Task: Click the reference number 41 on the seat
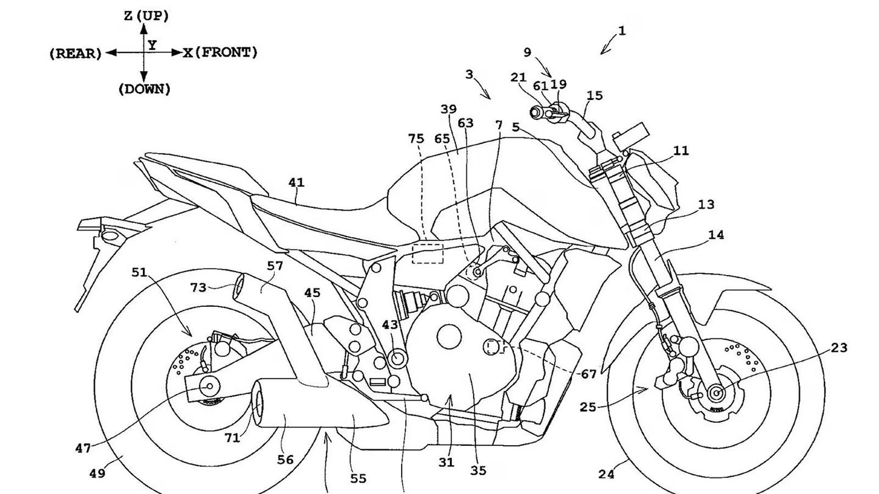click(x=296, y=182)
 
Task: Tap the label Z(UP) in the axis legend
click(x=146, y=16)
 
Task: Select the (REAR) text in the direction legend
click(x=75, y=54)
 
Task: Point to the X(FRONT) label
click(x=220, y=53)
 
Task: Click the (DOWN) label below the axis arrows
click(x=144, y=89)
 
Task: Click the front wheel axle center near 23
click(x=716, y=392)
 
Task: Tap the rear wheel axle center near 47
click(x=209, y=386)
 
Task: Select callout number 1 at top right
click(x=621, y=31)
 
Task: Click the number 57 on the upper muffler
click(x=275, y=266)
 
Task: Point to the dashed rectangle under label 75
click(x=427, y=254)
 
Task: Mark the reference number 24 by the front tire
click(x=606, y=474)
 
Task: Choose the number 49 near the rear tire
click(x=97, y=473)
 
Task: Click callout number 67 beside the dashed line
click(x=588, y=374)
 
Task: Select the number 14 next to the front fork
click(x=716, y=235)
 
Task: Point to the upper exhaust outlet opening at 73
click(x=240, y=287)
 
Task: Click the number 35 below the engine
click(x=478, y=470)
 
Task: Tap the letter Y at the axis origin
click(x=152, y=45)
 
